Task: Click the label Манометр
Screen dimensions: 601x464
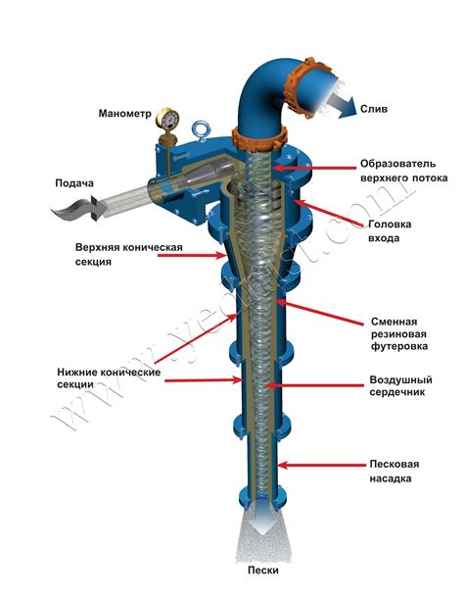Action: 125,113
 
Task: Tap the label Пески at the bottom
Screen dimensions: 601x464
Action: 262,571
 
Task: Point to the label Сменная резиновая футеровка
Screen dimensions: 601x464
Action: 397,333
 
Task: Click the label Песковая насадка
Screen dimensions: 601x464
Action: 395,471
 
